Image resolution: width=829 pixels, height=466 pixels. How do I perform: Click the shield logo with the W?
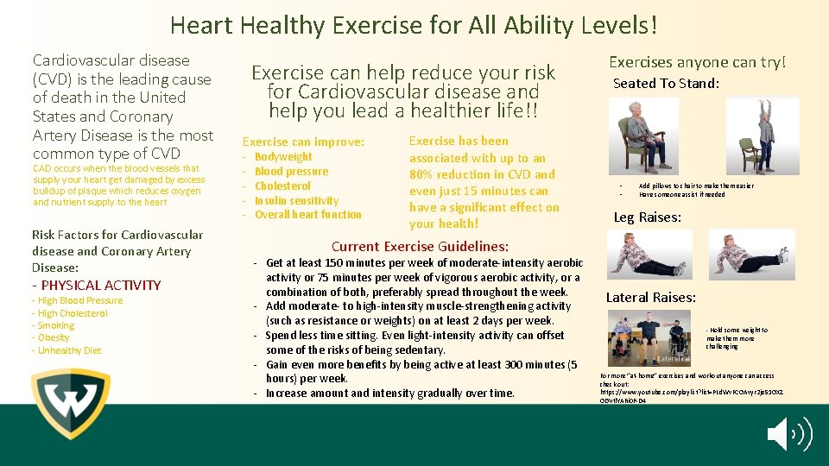(x=70, y=404)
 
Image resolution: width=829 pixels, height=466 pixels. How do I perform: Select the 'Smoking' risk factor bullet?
(x=56, y=325)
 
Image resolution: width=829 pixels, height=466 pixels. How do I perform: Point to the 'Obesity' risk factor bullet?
(x=54, y=337)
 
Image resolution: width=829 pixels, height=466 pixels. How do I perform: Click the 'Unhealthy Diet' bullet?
(x=69, y=350)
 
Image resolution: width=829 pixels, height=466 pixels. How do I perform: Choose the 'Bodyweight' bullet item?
(x=283, y=157)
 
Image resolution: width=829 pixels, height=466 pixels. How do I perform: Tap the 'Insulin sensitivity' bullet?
(x=296, y=200)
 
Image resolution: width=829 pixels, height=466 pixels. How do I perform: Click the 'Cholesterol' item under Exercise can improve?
(x=282, y=186)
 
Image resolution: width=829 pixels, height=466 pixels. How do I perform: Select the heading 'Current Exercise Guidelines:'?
(x=420, y=246)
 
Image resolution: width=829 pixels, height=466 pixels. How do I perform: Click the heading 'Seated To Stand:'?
(x=666, y=84)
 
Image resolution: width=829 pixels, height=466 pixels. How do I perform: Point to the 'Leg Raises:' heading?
(x=648, y=217)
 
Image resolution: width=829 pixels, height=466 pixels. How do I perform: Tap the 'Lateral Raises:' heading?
(x=650, y=298)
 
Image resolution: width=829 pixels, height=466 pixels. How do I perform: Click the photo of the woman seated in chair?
(x=644, y=136)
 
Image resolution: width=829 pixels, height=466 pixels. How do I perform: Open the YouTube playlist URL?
(x=691, y=393)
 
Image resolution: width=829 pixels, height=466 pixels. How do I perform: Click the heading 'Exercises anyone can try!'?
(x=698, y=62)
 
